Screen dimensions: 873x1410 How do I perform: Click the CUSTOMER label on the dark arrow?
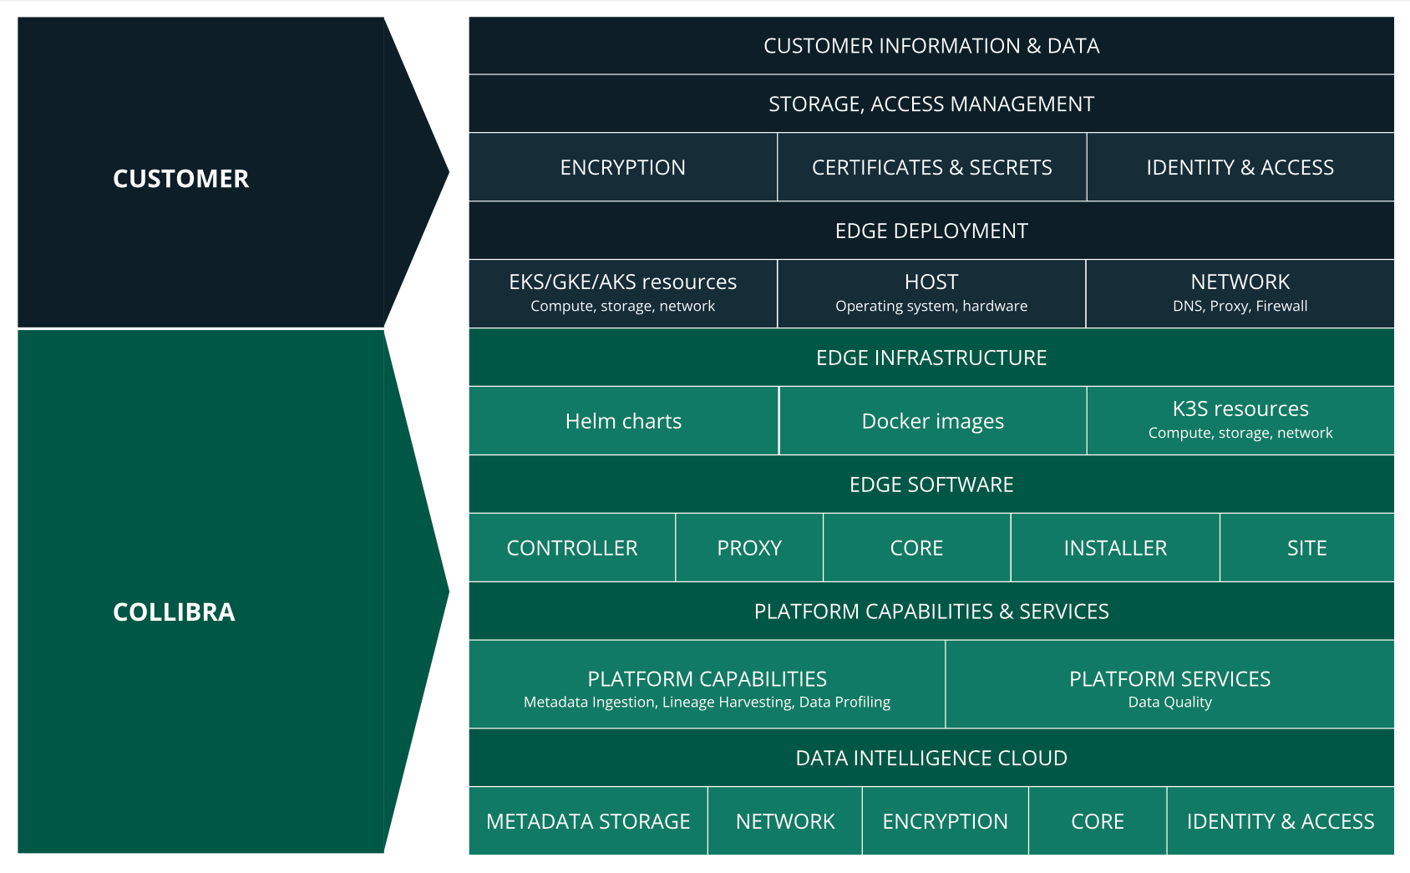point(180,179)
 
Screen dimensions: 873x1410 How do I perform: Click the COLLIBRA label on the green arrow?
point(174,612)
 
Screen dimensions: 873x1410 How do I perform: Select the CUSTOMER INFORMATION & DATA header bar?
point(931,46)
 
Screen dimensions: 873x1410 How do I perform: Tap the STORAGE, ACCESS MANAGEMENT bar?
point(931,104)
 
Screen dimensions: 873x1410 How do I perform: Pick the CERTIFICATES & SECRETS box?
point(931,168)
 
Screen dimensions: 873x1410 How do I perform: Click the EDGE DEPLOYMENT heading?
point(931,231)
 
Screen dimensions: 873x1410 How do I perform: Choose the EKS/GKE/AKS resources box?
point(622,293)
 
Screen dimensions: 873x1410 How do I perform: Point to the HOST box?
point(931,293)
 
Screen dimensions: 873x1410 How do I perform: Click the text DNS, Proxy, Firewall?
point(1240,307)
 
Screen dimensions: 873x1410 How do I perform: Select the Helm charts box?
point(623,421)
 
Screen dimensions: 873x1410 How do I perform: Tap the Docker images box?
point(932,421)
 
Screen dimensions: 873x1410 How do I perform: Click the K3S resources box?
point(1240,419)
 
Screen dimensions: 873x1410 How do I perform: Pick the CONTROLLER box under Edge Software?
point(571,548)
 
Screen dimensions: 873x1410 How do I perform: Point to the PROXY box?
point(749,548)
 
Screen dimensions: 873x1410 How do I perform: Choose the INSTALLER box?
point(1114,548)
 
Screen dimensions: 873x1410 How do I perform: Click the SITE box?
point(1306,548)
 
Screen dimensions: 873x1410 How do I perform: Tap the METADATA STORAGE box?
point(588,822)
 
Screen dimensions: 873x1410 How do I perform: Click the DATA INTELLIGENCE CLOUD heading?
point(931,759)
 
